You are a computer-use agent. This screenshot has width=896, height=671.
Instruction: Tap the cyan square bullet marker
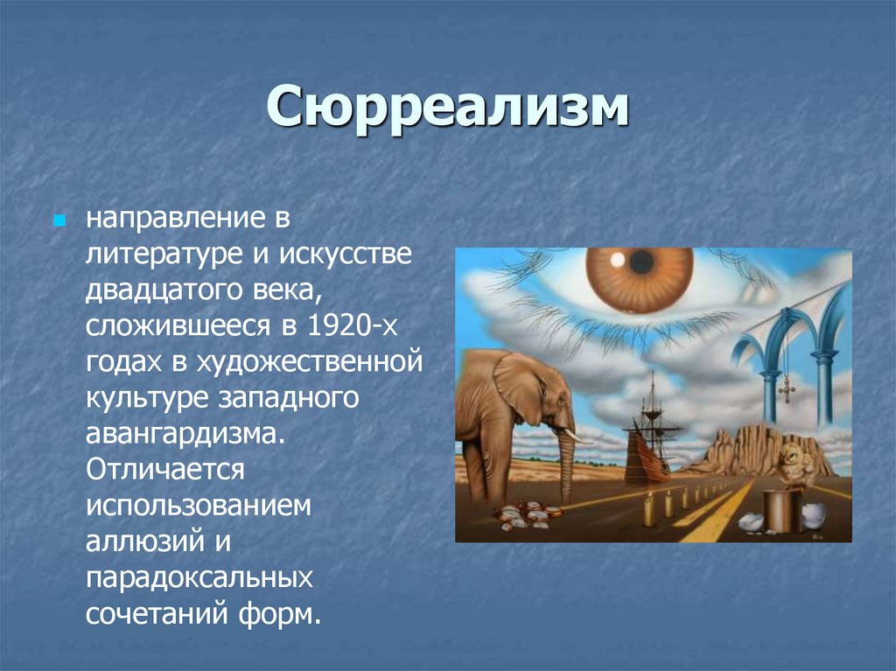[x=59, y=216]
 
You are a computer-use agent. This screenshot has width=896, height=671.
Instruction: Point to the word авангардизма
[x=185, y=432]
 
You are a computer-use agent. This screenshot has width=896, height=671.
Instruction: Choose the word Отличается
[x=163, y=468]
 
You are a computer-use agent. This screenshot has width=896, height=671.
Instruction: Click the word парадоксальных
[x=199, y=576]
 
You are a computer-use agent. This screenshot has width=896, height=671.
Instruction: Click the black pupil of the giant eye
[x=642, y=262]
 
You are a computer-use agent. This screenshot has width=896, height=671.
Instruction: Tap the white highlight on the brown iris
[x=617, y=260]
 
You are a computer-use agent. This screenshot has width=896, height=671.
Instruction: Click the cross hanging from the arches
[x=785, y=386]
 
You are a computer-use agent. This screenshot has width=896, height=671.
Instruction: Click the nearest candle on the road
[x=648, y=508]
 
